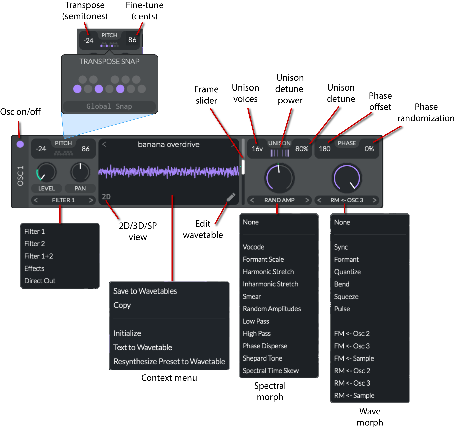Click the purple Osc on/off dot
tap(20, 144)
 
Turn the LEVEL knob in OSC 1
tap(46, 172)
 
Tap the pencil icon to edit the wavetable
tap(231, 197)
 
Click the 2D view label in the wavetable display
tap(106, 197)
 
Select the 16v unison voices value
tap(257, 149)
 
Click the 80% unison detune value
tap(302, 149)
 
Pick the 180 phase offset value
tap(325, 149)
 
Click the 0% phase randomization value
tap(369, 149)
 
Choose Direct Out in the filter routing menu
tap(40, 281)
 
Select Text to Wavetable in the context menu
tap(143, 347)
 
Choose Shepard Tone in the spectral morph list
tap(262, 358)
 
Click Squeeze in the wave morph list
tap(346, 297)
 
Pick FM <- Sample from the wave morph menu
tap(354, 358)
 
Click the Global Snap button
tap(109, 106)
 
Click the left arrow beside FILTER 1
tap(36, 200)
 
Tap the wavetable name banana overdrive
tap(169, 144)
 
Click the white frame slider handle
tap(243, 167)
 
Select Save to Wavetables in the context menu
tap(145, 291)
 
